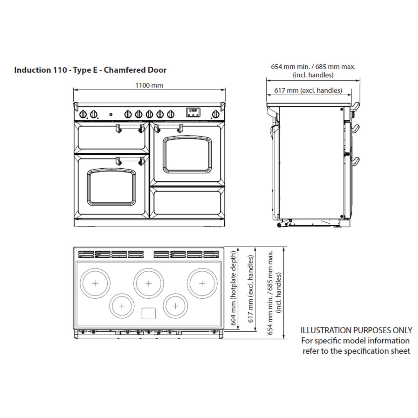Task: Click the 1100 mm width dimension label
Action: (149, 85)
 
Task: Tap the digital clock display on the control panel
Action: (193, 112)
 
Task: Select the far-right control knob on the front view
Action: (215, 114)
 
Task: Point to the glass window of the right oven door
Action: (187, 155)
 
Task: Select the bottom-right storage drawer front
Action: (187, 203)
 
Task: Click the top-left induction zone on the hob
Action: (95, 283)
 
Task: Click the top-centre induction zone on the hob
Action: (149, 283)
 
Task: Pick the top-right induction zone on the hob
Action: (202, 283)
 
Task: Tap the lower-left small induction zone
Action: (122, 306)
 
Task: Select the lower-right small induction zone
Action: (175, 306)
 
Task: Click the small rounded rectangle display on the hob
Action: (149, 313)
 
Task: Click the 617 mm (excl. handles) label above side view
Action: (308, 90)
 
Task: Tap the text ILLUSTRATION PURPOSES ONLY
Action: (356, 330)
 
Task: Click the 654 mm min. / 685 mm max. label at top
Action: (313, 67)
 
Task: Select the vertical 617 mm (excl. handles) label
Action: (251, 289)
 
